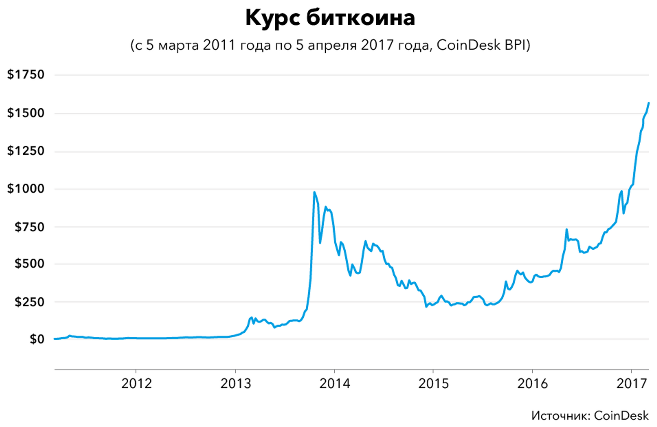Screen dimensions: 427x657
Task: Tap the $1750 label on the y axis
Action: pos(26,74)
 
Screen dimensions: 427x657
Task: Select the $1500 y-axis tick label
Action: pos(26,113)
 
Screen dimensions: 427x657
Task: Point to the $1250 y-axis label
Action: pos(26,151)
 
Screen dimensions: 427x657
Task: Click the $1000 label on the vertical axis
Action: pos(26,189)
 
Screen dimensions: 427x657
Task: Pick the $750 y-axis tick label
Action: pos(29,227)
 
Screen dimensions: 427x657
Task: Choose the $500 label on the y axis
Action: pos(29,264)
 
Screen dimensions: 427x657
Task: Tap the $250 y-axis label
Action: pos(29,302)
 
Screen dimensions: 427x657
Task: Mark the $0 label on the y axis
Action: pos(37,339)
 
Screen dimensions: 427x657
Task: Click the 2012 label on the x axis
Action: pos(136,384)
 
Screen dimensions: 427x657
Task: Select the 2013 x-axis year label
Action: pos(235,384)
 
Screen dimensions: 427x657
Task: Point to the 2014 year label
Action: pos(334,384)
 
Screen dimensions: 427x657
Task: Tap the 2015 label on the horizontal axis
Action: pos(433,384)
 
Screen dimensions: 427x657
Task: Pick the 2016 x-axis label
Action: pos(532,384)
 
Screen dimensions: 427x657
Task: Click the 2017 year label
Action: pos(632,384)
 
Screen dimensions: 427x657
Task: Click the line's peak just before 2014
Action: pos(314,192)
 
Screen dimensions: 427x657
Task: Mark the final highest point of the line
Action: pos(648,103)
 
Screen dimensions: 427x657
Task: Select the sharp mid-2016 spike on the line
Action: pos(566,229)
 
